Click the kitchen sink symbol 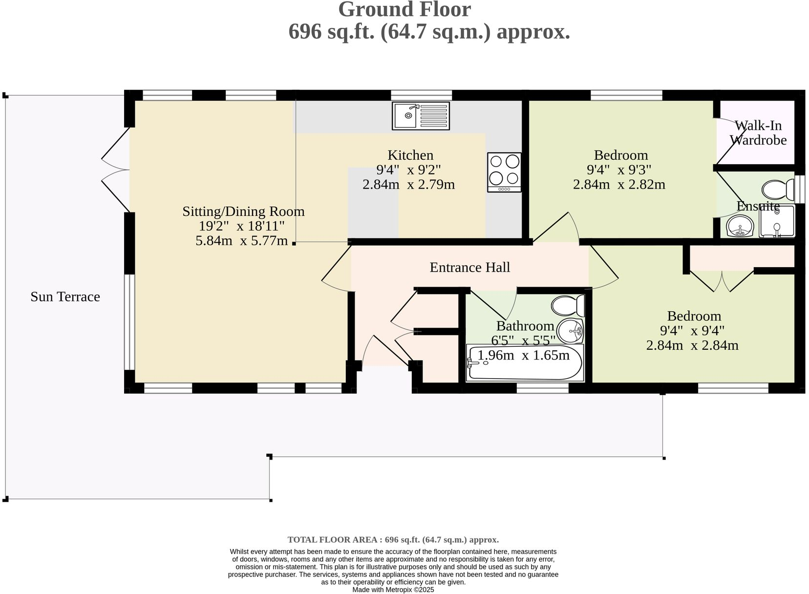(421, 116)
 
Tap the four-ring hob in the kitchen (504, 172)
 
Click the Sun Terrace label (65, 297)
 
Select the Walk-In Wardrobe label (758, 133)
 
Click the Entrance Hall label (469, 267)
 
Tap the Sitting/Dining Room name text (243, 212)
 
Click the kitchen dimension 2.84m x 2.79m (408, 185)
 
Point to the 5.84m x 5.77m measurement (241, 240)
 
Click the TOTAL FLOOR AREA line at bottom (393, 540)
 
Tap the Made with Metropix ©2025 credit (393, 590)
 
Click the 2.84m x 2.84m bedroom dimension (692, 345)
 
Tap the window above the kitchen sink (421, 95)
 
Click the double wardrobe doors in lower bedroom (722, 281)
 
